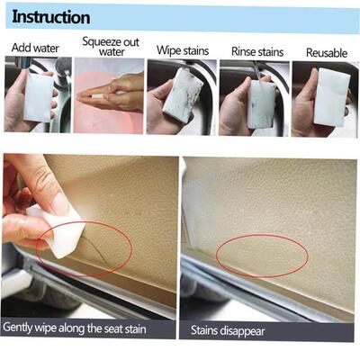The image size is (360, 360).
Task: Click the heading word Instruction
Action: [x=50, y=17]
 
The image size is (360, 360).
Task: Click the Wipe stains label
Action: [x=182, y=51]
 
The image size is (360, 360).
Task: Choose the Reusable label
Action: [x=326, y=53]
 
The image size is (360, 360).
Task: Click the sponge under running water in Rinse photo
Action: [x=262, y=104]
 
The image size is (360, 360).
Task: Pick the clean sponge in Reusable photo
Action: [x=330, y=95]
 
